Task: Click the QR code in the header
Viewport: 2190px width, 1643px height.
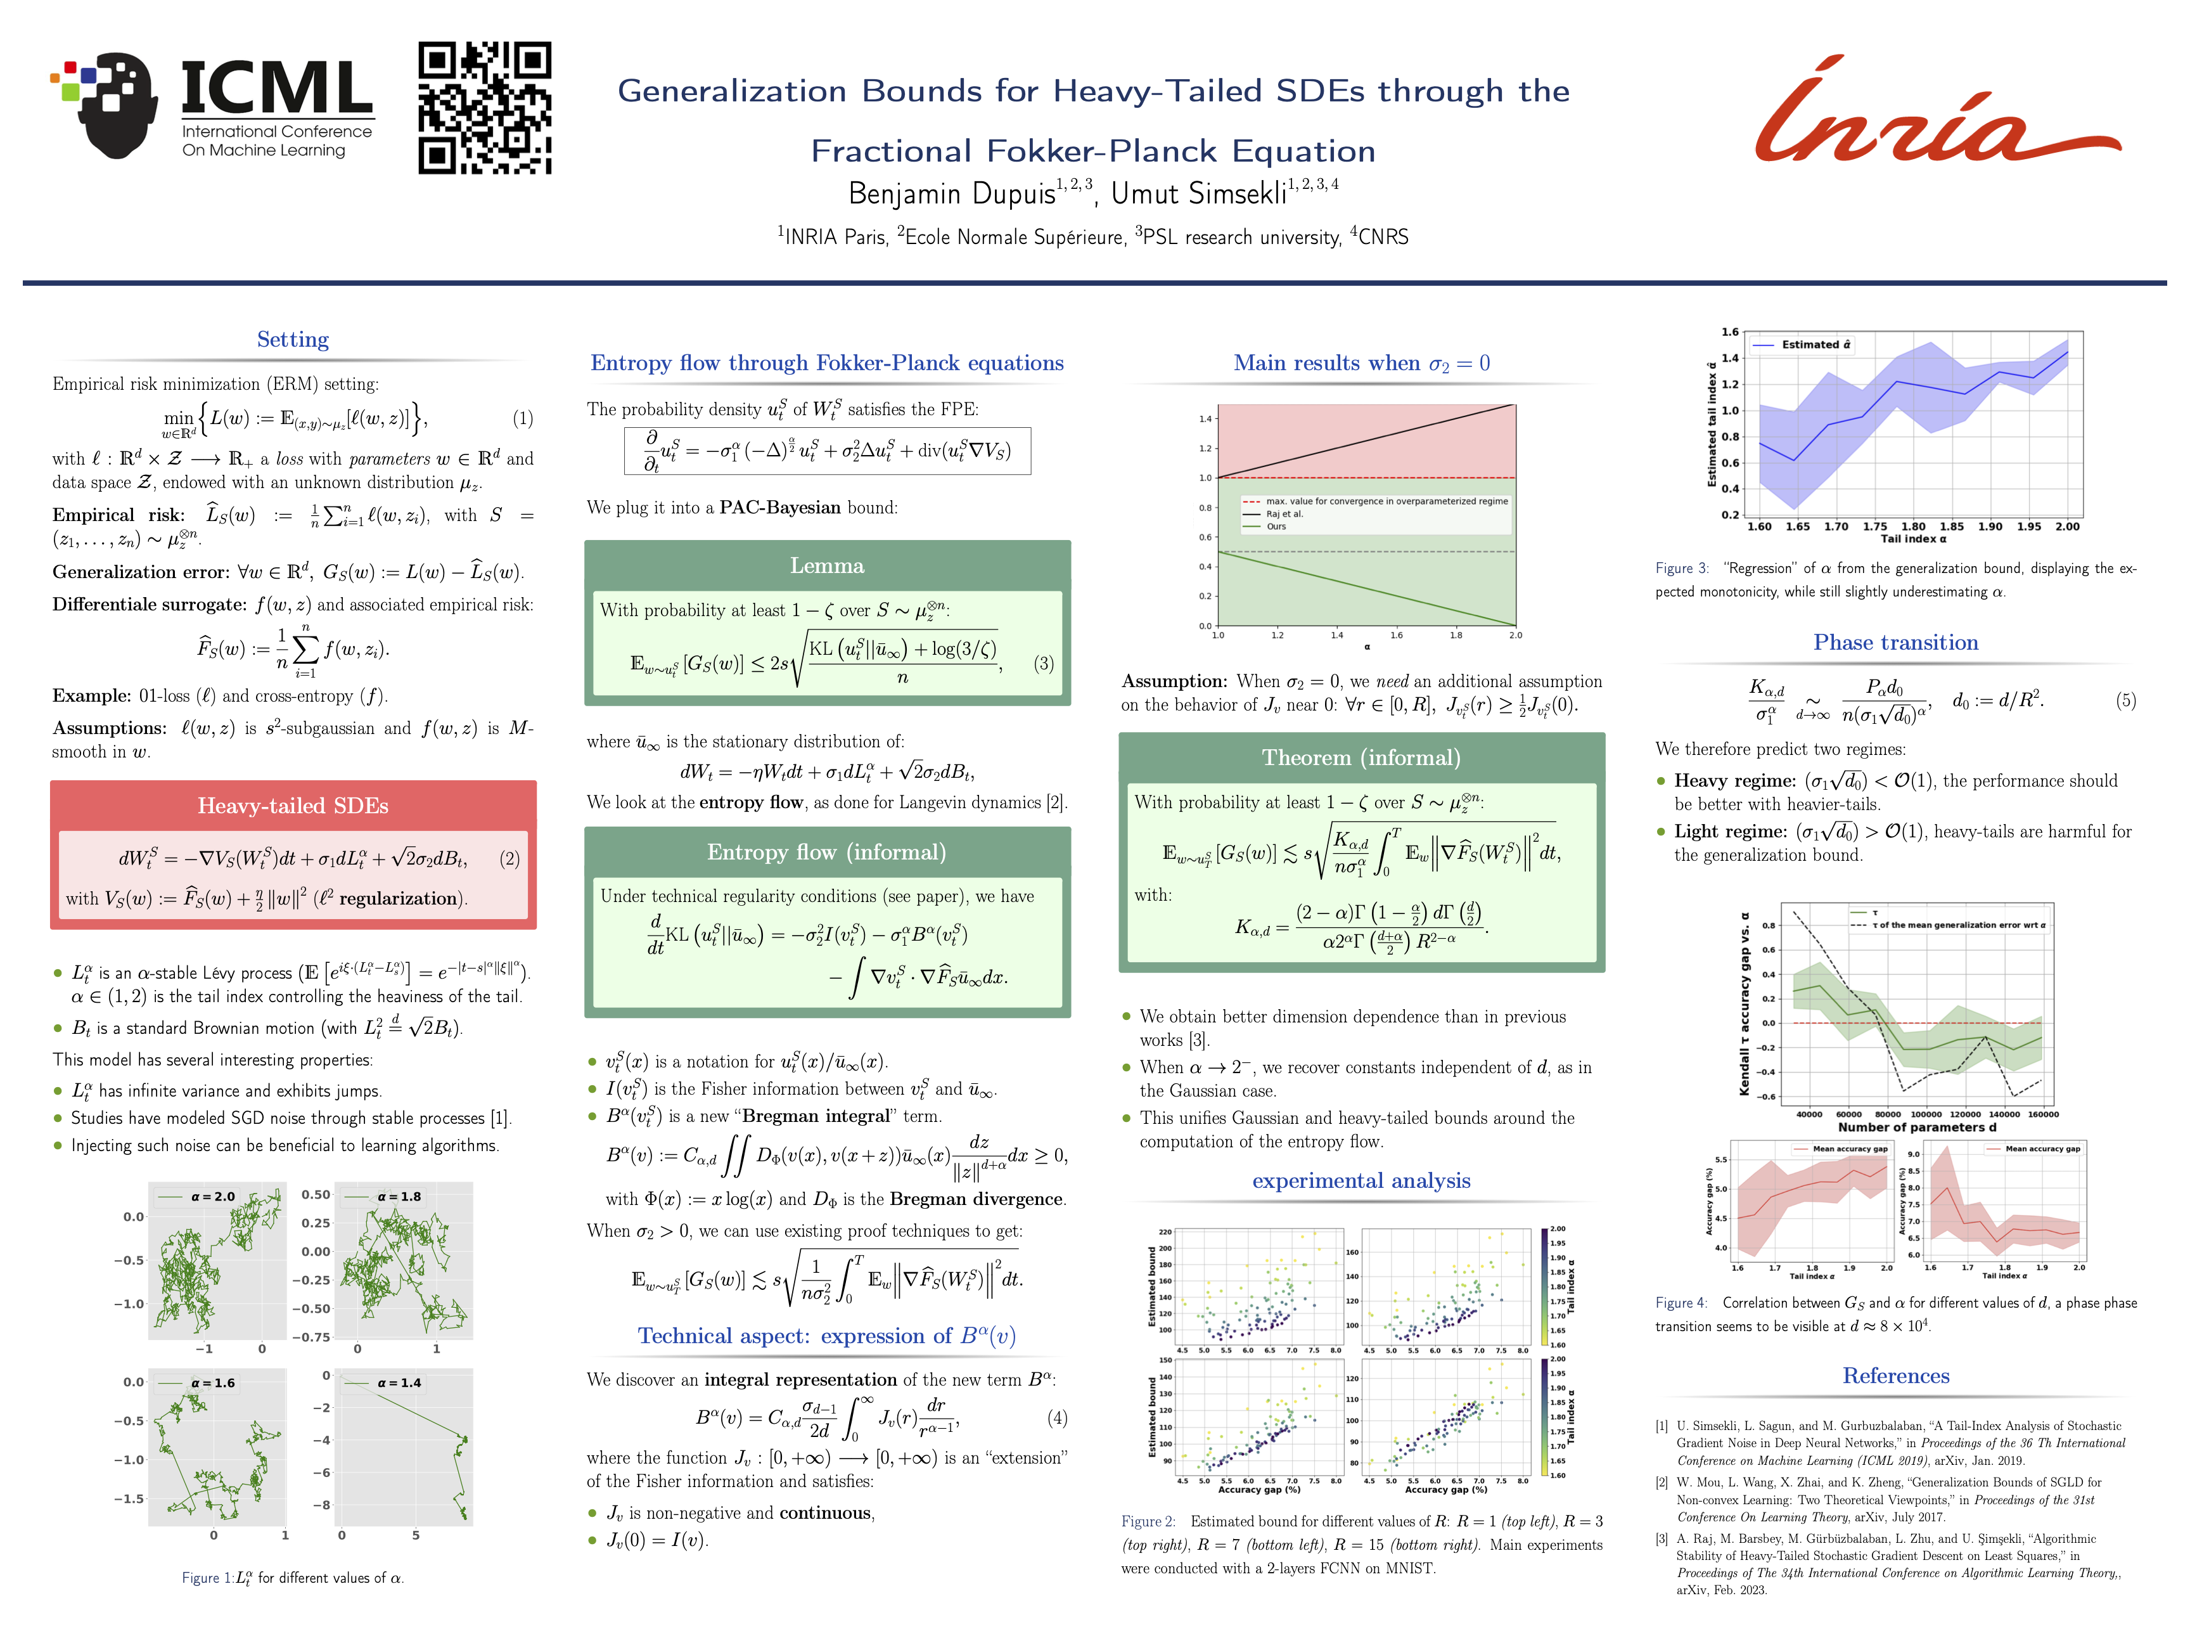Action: [x=484, y=108]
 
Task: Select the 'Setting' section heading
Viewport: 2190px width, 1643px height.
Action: [x=293, y=340]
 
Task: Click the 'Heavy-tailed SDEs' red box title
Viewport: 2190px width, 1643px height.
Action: [x=293, y=805]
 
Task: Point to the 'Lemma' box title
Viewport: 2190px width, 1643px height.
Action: [x=827, y=565]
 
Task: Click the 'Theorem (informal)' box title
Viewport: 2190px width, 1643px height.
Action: [x=1361, y=757]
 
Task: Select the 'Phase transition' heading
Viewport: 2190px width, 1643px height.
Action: [x=1895, y=643]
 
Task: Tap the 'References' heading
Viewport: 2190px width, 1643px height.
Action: [x=1895, y=1376]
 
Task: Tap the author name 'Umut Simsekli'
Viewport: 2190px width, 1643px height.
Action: [x=1198, y=194]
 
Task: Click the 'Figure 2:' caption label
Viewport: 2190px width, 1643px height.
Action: [x=1148, y=1521]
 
